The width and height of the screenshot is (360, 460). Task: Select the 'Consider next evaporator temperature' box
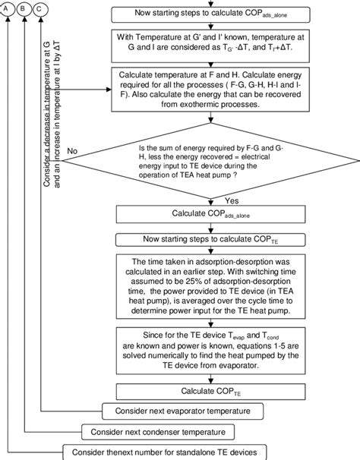tap(182, 411)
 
